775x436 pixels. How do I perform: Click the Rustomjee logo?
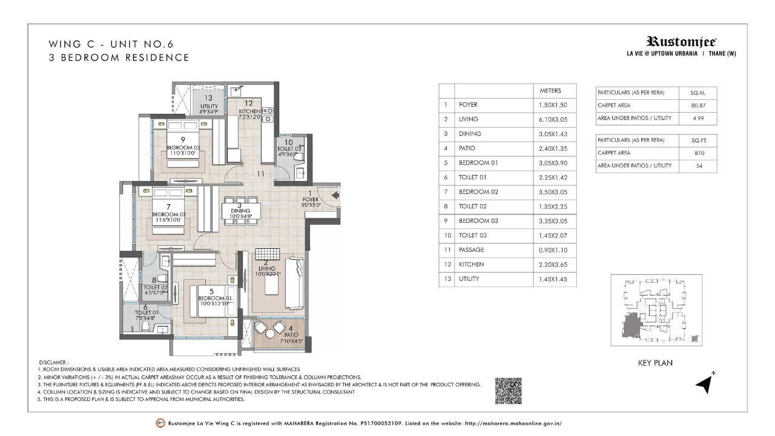tap(681, 42)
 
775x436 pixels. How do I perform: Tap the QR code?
tap(509, 391)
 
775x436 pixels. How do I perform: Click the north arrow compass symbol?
tap(704, 383)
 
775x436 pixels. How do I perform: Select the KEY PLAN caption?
tap(655, 363)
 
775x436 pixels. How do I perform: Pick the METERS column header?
tap(550, 91)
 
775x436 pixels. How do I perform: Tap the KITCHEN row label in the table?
tap(471, 265)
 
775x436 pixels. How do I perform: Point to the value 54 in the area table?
tap(699, 166)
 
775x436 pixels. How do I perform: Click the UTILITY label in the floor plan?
tap(208, 105)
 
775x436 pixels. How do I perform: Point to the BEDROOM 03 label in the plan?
tap(183, 147)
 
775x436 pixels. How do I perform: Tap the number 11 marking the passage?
tap(260, 174)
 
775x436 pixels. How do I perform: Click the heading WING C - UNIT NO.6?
tap(106, 44)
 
